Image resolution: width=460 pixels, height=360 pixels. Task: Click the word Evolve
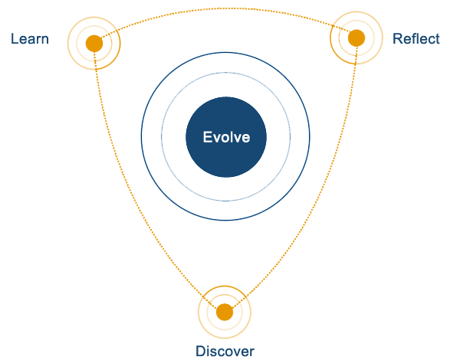(225, 138)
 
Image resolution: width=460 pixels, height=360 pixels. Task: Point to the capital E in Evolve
(207, 138)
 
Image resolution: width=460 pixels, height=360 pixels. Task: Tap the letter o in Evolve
(224, 139)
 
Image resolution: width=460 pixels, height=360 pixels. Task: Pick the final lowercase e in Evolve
(245, 139)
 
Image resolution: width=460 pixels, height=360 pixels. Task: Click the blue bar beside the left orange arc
(30, 38)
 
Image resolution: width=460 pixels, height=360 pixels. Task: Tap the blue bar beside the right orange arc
(416, 38)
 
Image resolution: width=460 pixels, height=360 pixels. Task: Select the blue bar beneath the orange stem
(225, 352)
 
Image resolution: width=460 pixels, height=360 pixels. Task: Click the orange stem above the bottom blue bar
(227, 306)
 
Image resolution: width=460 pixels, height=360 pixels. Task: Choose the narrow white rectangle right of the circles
(295, 136)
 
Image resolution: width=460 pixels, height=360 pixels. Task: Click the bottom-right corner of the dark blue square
(266, 177)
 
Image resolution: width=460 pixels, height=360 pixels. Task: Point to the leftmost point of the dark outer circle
(141, 136)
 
